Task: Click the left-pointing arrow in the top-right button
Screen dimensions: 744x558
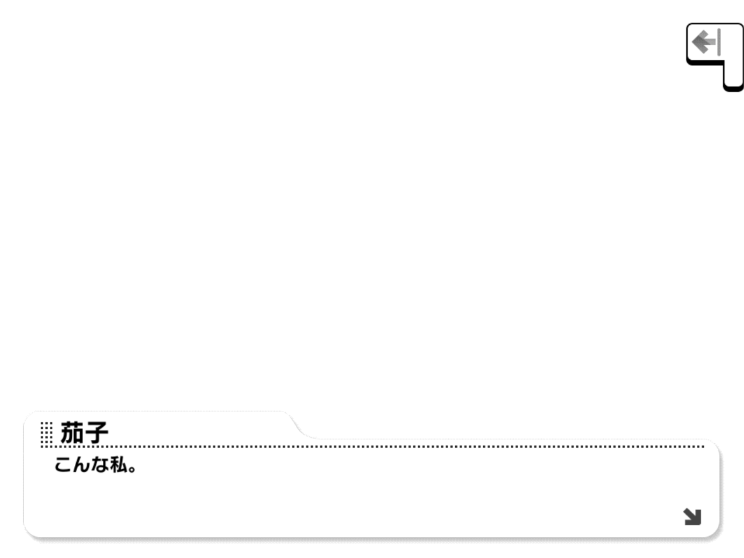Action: point(704,41)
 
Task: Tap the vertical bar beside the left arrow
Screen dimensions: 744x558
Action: point(719,42)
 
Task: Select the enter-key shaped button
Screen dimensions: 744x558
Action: point(715,57)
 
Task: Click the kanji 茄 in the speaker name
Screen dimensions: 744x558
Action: point(72,432)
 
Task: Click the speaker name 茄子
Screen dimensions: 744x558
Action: point(84,432)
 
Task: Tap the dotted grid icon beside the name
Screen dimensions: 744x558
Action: point(46,433)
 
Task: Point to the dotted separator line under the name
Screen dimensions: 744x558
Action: point(372,446)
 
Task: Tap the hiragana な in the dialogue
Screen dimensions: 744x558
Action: point(100,464)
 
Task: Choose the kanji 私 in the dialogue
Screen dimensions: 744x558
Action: point(119,464)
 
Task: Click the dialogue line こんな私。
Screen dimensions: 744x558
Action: point(96,464)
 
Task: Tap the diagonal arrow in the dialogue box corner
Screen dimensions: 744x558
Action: point(692,517)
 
